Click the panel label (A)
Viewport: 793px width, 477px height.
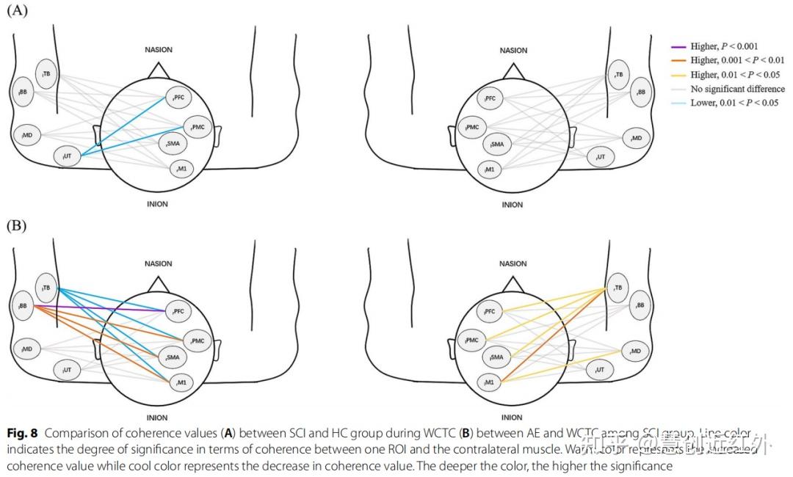(17, 11)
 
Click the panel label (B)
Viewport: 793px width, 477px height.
(17, 225)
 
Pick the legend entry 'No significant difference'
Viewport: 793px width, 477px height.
(736, 89)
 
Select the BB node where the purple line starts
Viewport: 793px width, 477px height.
(24, 305)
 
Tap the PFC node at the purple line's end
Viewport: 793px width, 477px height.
(178, 311)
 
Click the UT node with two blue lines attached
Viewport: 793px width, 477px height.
(67, 156)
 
